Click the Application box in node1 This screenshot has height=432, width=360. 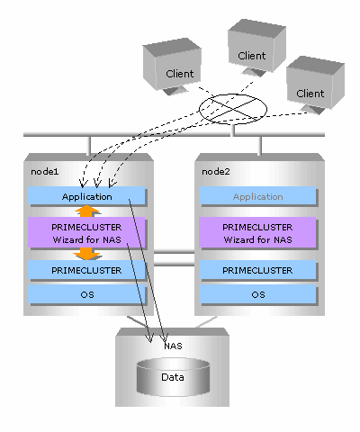[87, 196]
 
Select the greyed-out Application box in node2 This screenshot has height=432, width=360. [258, 196]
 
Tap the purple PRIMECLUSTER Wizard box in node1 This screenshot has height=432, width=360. [87, 233]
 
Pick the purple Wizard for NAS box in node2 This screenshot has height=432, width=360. [258, 233]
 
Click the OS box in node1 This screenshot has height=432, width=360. [87, 294]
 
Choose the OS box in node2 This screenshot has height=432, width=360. [258, 294]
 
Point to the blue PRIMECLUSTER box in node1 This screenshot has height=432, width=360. [87, 270]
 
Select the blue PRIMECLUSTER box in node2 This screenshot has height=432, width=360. [258, 270]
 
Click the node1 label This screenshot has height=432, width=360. [45, 172]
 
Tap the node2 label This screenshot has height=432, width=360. [216, 172]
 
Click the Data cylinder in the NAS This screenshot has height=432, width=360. [173, 377]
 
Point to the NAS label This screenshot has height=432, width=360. [173, 346]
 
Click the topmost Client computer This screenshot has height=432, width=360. [256, 47]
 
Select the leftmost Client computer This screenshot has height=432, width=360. [172, 66]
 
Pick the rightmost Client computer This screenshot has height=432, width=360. [315, 85]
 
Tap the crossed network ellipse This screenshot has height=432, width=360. [233, 109]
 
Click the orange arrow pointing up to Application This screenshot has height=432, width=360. [87, 211]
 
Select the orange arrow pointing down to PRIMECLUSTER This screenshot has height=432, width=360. [87, 255]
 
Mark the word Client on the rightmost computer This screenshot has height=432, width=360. [310, 94]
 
